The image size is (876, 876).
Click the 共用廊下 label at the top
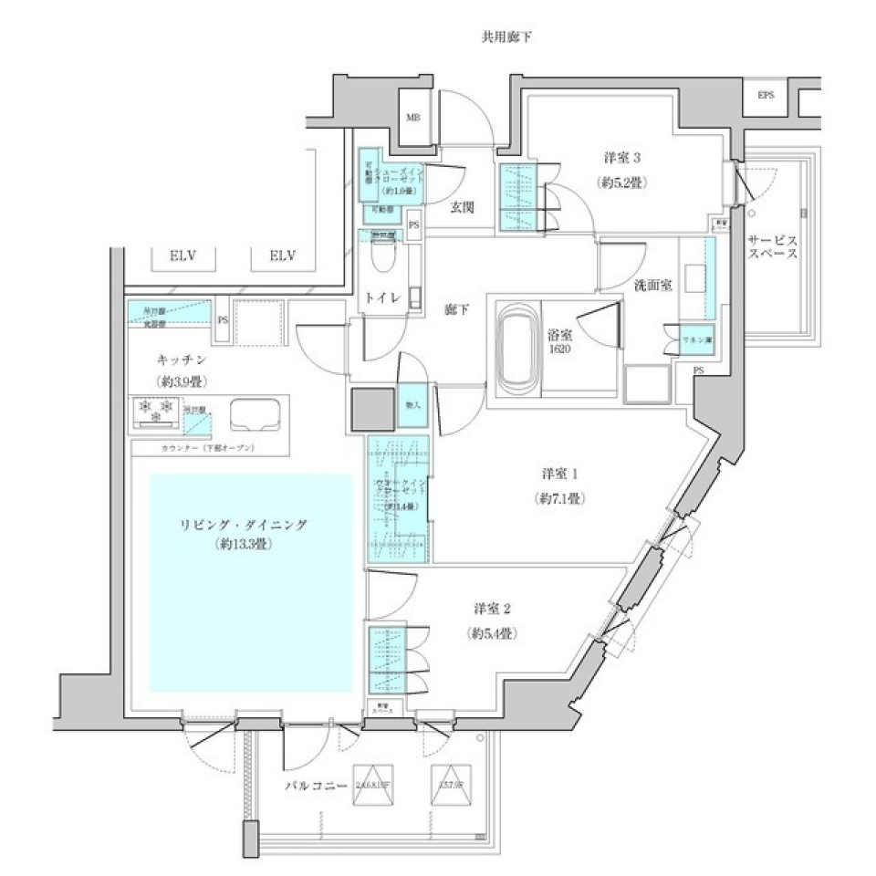pos(506,37)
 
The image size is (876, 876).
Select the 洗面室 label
pos(653,286)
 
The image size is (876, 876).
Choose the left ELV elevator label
pos(184,256)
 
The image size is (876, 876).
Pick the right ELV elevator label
pos(285,256)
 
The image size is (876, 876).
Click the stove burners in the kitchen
pos(155,412)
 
